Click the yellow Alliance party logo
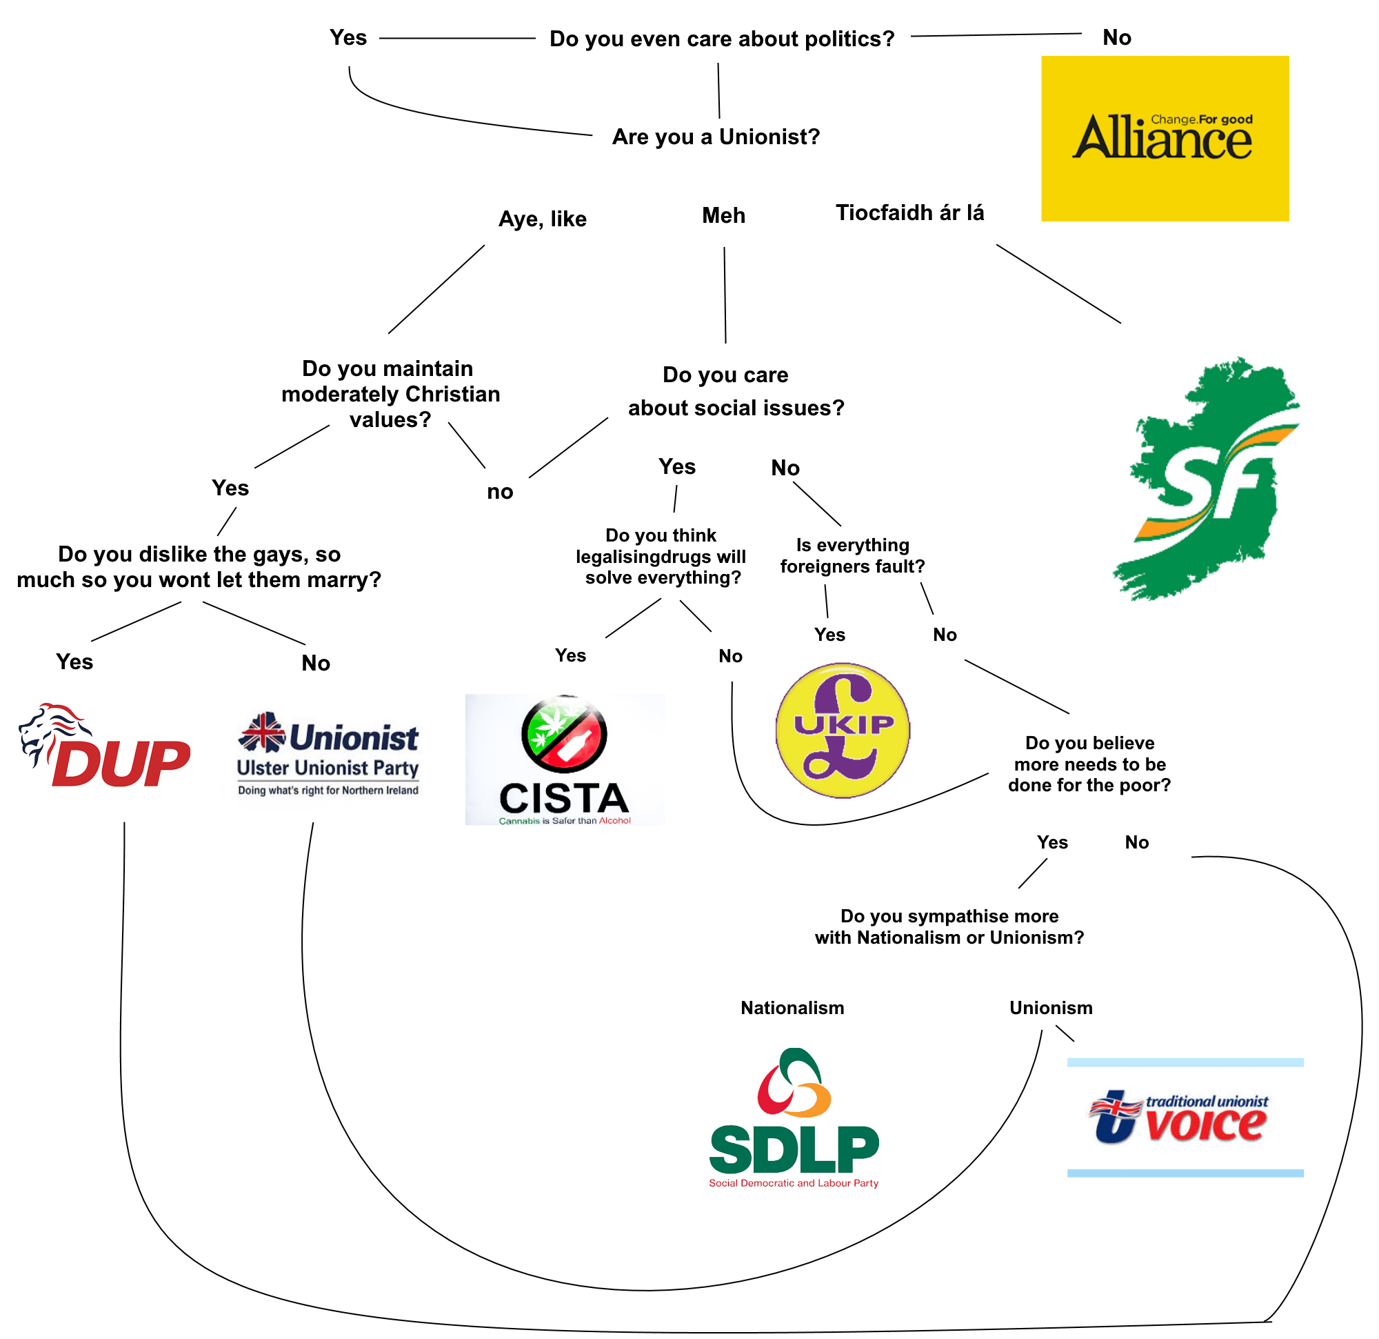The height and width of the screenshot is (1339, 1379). coord(1165,139)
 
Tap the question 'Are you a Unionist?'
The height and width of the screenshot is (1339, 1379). coord(716,137)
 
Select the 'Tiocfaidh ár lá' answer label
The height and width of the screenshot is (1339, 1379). coord(909,212)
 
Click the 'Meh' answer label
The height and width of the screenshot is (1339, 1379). coord(723,215)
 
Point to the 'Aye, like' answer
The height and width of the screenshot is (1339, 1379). coord(542,219)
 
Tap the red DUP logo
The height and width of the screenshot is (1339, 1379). coord(105,746)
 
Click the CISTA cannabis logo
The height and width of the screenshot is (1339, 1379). coord(564,760)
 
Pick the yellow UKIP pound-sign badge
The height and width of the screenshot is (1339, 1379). coord(842,730)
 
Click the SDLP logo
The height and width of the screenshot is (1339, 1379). coord(794,1120)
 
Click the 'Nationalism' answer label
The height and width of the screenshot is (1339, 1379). coord(792,1008)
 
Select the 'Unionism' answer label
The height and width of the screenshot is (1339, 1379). coord(1050,1008)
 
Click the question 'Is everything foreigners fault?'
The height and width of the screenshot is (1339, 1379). coord(852,555)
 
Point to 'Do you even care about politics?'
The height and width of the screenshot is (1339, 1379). coord(721,39)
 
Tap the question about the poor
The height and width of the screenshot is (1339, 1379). coord(1089,764)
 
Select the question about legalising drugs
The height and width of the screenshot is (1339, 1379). coord(661,556)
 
